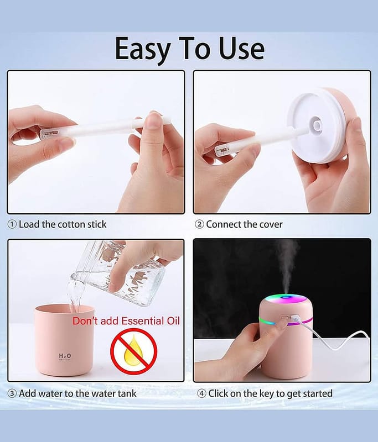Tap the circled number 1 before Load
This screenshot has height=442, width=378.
12,225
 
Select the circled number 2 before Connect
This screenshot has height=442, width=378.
199,225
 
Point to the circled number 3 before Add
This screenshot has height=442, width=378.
12,393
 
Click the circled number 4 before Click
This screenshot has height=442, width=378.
201,393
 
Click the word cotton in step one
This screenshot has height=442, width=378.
71,225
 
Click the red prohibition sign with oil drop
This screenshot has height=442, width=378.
133,351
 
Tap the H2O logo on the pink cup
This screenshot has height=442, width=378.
65,356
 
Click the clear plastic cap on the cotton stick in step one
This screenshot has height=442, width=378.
50,133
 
